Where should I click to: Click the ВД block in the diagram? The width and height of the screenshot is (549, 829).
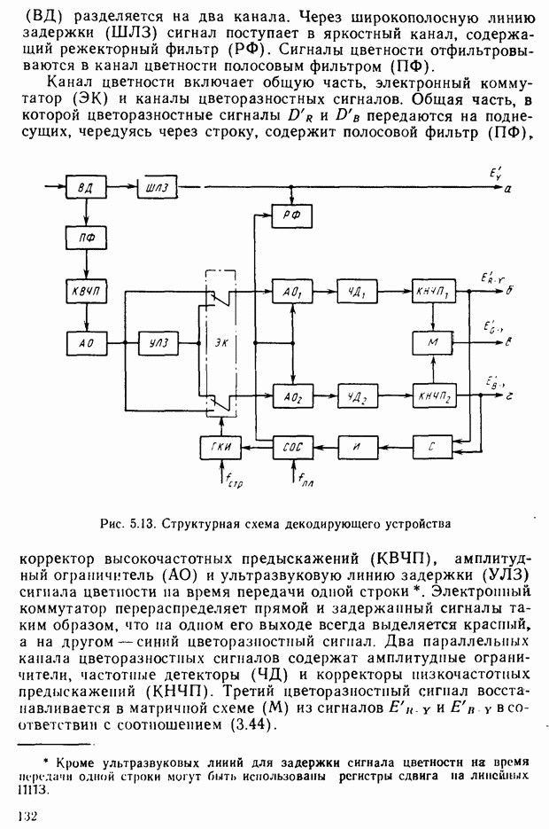pyautogui.click(x=86, y=190)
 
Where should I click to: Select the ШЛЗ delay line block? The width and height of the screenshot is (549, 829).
pyautogui.click(x=159, y=190)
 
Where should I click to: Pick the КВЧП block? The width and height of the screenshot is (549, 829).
pyautogui.click(x=86, y=291)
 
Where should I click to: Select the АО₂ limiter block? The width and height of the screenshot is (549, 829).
pyautogui.click(x=290, y=395)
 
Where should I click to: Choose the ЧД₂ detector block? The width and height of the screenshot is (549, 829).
pyautogui.click(x=357, y=395)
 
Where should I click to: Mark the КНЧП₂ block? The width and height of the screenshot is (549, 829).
pyautogui.click(x=432, y=395)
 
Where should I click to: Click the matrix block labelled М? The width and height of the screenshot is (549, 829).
pyautogui.click(x=432, y=342)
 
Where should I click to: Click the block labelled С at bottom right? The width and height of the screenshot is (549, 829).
pyautogui.click(x=432, y=449)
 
